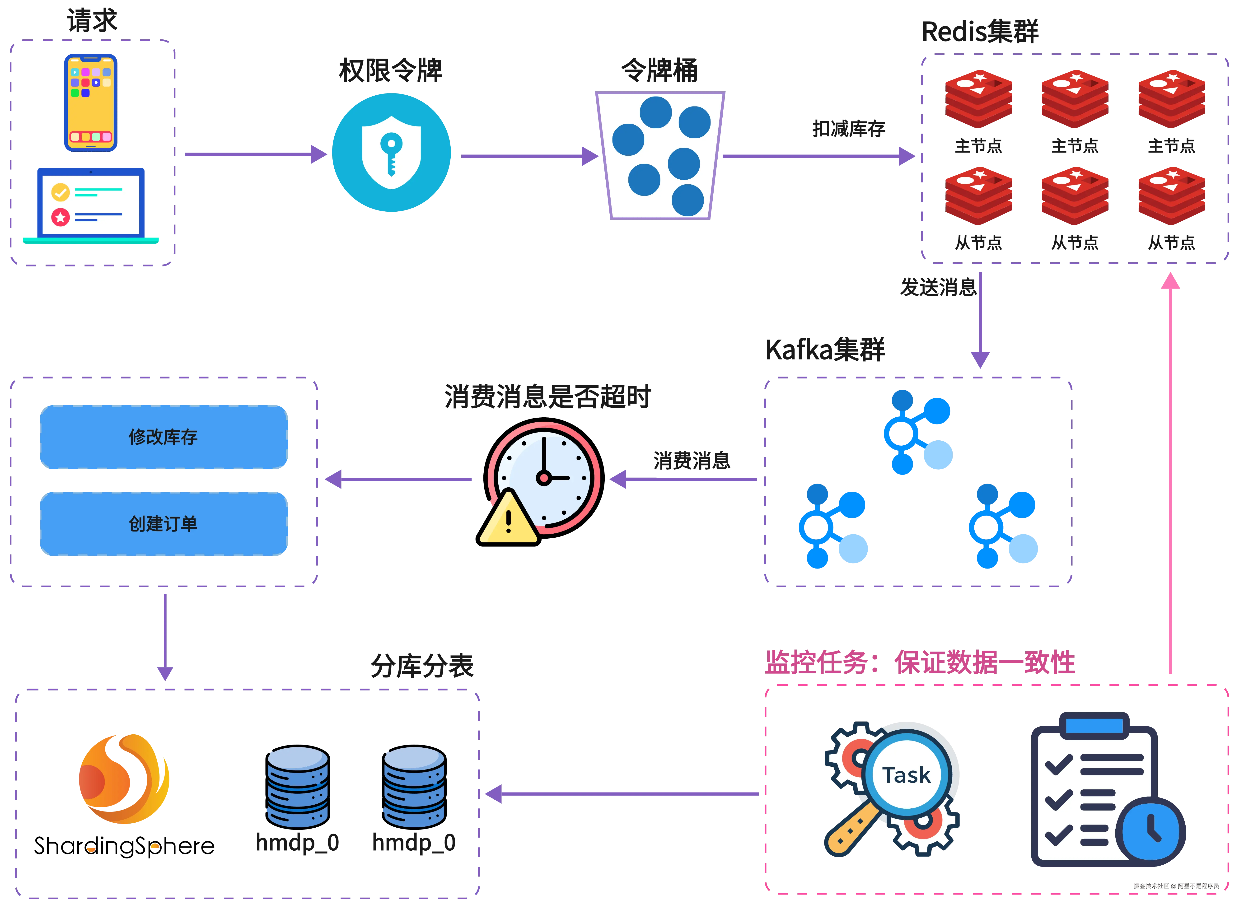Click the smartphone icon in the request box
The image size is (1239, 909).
pos(91,102)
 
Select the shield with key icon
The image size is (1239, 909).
pos(391,152)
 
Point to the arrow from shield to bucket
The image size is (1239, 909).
pos(528,156)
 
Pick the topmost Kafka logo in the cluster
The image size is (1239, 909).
pos(918,433)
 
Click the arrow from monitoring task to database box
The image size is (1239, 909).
pos(622,794)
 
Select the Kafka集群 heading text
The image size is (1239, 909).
pos(825,350)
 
